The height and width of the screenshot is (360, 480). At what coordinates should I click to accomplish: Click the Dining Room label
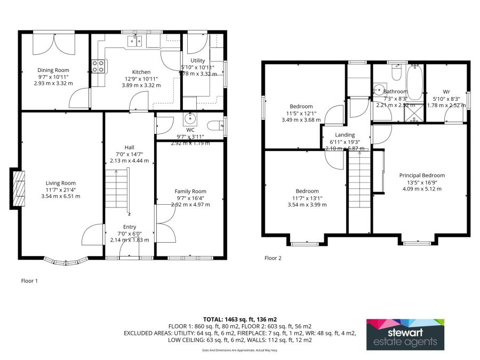click(x=53, y=70)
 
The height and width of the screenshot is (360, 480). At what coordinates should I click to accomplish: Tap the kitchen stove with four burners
click(x=98, y=66)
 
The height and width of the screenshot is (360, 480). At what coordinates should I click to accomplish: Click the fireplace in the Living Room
click(x=18, y=189)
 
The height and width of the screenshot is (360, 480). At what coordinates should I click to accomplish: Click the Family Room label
click(x=190, y=191)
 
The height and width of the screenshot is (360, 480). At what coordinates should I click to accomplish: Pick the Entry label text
click(x=130, y=227)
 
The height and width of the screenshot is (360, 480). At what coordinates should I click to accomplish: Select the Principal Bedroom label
click(x=422, y=175)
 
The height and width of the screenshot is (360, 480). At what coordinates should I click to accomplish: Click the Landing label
click(x=345, y=135)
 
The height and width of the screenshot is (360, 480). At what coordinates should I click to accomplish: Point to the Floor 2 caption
click(x=273, y=258)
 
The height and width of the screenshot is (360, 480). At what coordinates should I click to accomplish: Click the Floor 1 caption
click(x=29, y=281)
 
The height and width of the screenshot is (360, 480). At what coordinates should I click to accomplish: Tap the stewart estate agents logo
click(x=405, y=334)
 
